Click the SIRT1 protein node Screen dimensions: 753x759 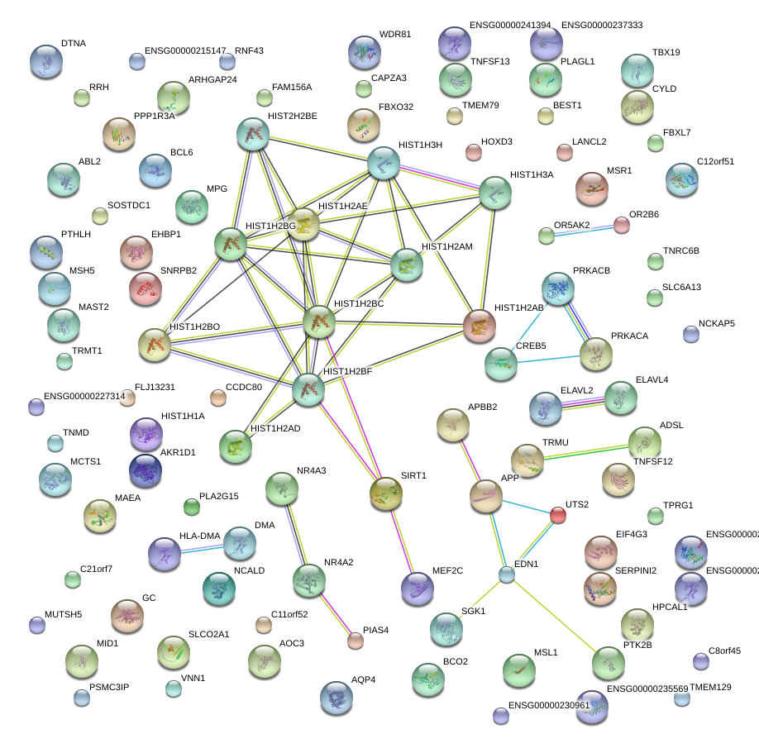pyautogui.click(x=386, y=493)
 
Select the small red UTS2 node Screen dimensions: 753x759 pyautogui.click(x=558, y=516)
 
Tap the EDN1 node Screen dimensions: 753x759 pyautogui.click(x=507, y=575)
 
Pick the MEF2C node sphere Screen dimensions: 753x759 pyautogui.click(x=417, y=588)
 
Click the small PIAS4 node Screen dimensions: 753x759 pyautogui.click(x=356, y=640)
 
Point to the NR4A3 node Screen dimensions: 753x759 pyautogui.click(x=281, y=489)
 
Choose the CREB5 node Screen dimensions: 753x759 pyautogui.click(x=500, y=364)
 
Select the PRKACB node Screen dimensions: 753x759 pyautogui.click(x=558, y=288)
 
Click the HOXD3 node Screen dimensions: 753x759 pyautogui.click(x=474, y=152)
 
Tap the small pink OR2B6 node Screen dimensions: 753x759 pyautogui.click(x=622, y=225)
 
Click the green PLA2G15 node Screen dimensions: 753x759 pyautogui.click(x=192, y=506)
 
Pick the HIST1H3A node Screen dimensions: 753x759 pyautogui.click(x=495, y=193)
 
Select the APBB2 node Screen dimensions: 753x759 pyautogui.click(x=453, y=425)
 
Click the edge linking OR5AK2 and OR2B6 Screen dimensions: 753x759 pyautogui.click(x=584, y=231)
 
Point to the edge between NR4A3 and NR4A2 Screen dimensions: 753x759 pyautogui.click(x=295, y=534)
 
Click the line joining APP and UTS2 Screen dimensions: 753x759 pyautogui.click(x=523, y=506)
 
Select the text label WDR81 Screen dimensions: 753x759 pyautogui.click(x=395, y=35)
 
